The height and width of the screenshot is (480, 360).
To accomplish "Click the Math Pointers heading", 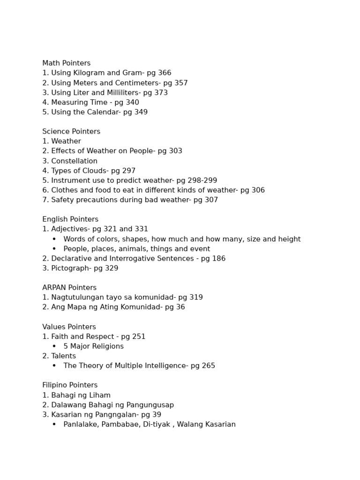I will click(66, 63).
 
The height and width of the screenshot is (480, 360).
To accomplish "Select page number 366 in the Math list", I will click(165, 73).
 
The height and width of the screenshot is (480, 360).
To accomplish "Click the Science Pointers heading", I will click(71, 132).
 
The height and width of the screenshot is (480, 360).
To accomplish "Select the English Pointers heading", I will click(70, 219).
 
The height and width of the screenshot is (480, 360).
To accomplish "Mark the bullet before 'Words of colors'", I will click(54, 239).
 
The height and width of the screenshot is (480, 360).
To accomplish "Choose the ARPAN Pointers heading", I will click(69, 288).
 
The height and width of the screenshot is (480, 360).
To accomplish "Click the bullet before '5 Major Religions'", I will click(54, 346).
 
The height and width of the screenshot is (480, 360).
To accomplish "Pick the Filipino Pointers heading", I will click(70, 385).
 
